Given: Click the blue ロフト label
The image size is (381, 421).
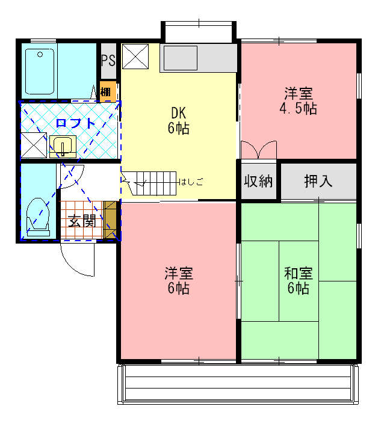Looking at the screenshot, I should pos(75,124).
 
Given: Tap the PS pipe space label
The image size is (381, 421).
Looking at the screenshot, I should pos(108,61).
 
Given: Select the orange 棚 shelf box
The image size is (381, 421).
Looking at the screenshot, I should pos(107,92).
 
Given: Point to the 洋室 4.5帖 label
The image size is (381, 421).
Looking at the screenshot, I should pos(298,101).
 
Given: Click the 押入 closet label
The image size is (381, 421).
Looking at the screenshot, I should pos(318,181).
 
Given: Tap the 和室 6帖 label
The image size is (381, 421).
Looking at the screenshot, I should pos(298,281).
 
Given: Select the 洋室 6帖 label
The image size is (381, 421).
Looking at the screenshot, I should pos(178,281).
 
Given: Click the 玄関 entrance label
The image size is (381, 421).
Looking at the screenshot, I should pos(81,220).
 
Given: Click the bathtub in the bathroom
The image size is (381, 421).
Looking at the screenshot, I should pos(40,71).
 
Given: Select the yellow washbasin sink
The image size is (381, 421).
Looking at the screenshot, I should pos(63,146).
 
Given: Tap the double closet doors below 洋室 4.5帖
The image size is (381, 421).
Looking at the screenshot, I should pos(258,150).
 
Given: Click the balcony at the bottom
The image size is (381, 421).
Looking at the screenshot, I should pos(238,385).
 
